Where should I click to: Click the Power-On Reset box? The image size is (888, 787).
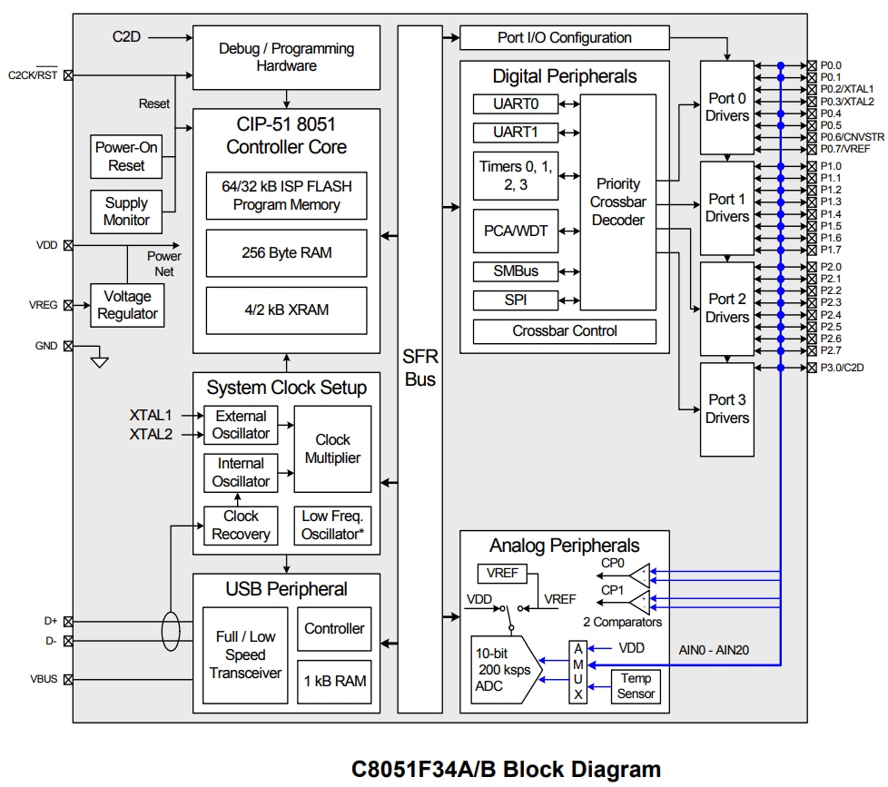coord(126,156)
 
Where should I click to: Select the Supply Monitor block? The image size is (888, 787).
coord(126,212)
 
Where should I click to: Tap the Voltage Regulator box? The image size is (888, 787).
coord(127,305)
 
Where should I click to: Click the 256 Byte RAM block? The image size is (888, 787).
coord(286,252)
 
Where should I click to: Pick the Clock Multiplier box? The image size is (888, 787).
coord(332,448)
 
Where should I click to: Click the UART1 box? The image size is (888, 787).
coord(515,133)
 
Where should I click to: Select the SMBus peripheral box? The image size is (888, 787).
coord(515,271)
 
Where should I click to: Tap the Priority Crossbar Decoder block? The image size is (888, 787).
coord(617,202)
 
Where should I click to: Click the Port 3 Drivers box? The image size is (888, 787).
coord(727,409)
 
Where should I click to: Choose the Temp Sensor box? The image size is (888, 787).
coord(636,685)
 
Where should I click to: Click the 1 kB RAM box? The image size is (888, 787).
coord(334,681)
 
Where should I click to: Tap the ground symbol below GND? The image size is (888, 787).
coord(100,362)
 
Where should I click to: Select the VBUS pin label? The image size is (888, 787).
coord(44,679)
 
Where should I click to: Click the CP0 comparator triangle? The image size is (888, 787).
coord(640,574)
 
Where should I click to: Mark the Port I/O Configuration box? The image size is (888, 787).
coord(564,38)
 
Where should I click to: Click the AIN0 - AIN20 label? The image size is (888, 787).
coord(714,650)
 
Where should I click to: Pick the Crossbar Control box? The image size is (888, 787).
coord(564,331)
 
